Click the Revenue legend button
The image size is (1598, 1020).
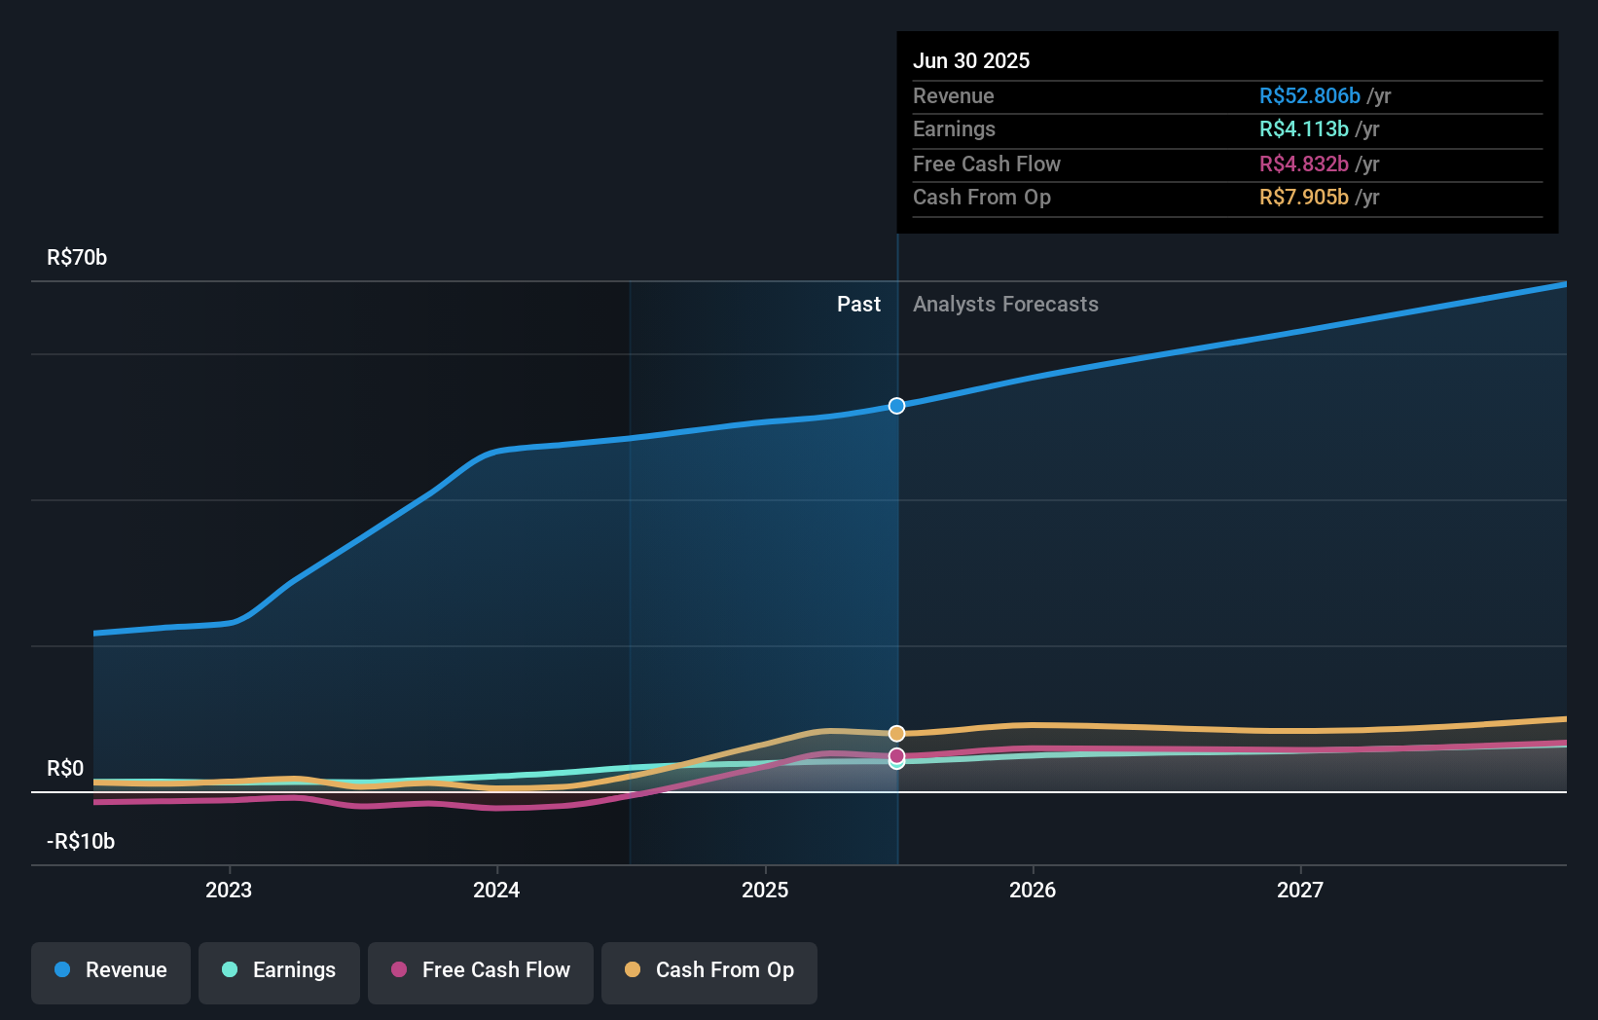pyautogui.click(x=111, y=970)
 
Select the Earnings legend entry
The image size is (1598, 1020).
pyautogui.click(x=279, y=970)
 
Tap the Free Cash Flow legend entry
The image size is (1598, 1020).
pyautogui.click(x=481, y=970)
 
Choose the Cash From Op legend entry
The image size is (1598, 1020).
pyautogui.click(x=709, y=970)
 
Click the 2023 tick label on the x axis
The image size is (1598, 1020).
pyautogui.click(x=229, y=890)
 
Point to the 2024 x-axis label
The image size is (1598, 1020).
pyautogui.click(x=496, y=890)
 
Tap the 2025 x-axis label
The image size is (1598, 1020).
pyautogui.click(x=765, y=890)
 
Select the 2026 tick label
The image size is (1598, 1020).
pyautogui.click(x=1033, y=890)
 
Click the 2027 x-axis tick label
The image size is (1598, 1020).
pyautogui.click(x=1300, y=890)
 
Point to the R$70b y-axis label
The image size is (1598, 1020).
pyautogui.click(x=77, y=257)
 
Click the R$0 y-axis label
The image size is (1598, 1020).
pyautogui.click(x=65, y=768)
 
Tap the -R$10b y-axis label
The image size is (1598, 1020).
pyautogui.click(x=81, y=841)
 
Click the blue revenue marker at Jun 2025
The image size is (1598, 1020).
pyautogui.click(x=897, y=406)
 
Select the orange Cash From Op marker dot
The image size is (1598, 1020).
pyautogui.click(x=897, y=733)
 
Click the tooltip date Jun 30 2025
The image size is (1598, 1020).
pyautogui.click(x=971, y=60)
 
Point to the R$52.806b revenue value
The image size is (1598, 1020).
pyautogui.click(x=1309, y=95)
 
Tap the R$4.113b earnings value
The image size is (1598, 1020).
pyautogui.click(x=1303, y=128)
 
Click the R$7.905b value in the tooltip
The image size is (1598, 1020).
pyautogui.click(x=1303, y=197)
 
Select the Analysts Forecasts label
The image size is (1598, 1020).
pyautogui.click(x=1005, y=305)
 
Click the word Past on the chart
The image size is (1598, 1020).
pyautogui.click(x=858, y=305)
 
